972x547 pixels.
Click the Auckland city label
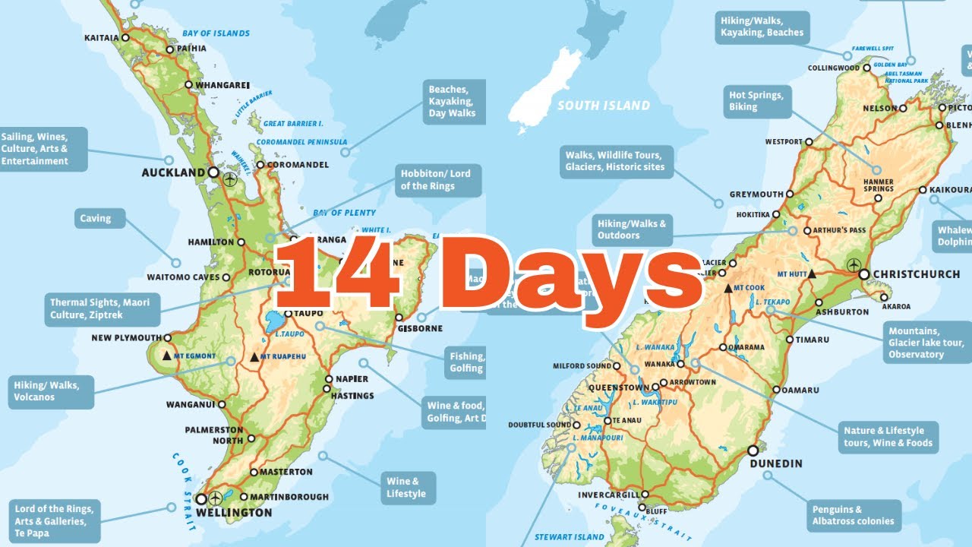pos(173,172)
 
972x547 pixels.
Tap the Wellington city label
pos(234,513)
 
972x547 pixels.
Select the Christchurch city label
pos(916,273)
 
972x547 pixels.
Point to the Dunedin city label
pos(775,463)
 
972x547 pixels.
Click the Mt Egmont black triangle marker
pos(167,356)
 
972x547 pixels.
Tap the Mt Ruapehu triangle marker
pos(254,356)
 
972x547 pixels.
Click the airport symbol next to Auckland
pos(230,180)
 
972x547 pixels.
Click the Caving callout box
pos(96,219)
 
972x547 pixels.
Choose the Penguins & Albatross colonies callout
pos(853,515)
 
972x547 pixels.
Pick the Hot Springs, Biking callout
pos(756,101)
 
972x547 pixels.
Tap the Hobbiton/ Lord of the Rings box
pos(437,180)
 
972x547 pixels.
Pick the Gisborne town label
pos(418,328)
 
